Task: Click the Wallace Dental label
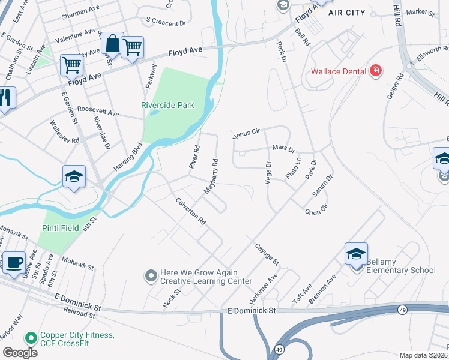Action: click(x=338, y=72)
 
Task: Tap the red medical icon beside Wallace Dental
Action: click(x=376, y=72)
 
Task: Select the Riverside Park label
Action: click(x=167, y=105)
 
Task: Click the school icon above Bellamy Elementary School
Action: click(x=356, y=254)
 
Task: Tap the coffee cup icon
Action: click(x=14, y=263)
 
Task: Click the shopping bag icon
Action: click(x=112, y=43)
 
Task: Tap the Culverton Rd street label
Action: click(x=191, y=212)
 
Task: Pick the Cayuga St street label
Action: click(x=267, y=254)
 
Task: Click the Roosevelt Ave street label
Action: click(x=98, y=113)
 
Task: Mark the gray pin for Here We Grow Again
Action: click(x=151, y=276)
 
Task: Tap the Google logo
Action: click(x=20, y=353)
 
